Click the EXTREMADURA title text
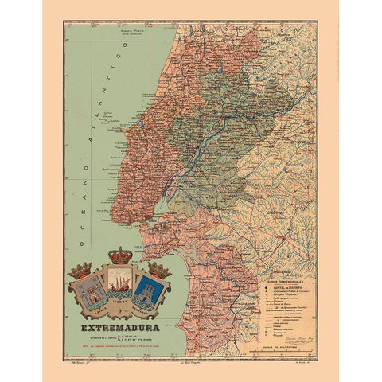(119, 327)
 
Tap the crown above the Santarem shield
(158, 270)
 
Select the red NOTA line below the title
(119, 343)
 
